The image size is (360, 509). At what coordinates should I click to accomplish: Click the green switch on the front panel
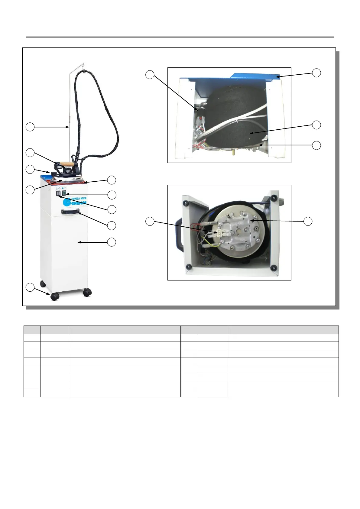click(x=64, y=193)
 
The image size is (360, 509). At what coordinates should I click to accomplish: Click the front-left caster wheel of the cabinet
click(x=55, y=296)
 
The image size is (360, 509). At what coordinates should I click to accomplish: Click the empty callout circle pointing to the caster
click(x=30, y=287)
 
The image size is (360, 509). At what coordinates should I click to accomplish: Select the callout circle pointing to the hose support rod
click(x=30, y=127)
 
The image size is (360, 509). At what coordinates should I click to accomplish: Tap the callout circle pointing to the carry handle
click(x=112, y=225)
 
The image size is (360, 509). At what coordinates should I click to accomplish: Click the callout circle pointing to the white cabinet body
click(x=112, y=242)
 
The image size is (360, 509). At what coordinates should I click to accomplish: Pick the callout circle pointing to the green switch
click(x=112, y=195)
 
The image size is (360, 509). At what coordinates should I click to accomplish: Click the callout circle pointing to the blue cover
click(x=316, y=73)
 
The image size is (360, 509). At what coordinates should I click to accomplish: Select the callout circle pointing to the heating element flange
click(x=308, y=221)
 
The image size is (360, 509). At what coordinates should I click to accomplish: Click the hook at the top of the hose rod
click(x=82, y=65)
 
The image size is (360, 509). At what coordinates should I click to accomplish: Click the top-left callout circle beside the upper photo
click(x=150, y=75)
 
